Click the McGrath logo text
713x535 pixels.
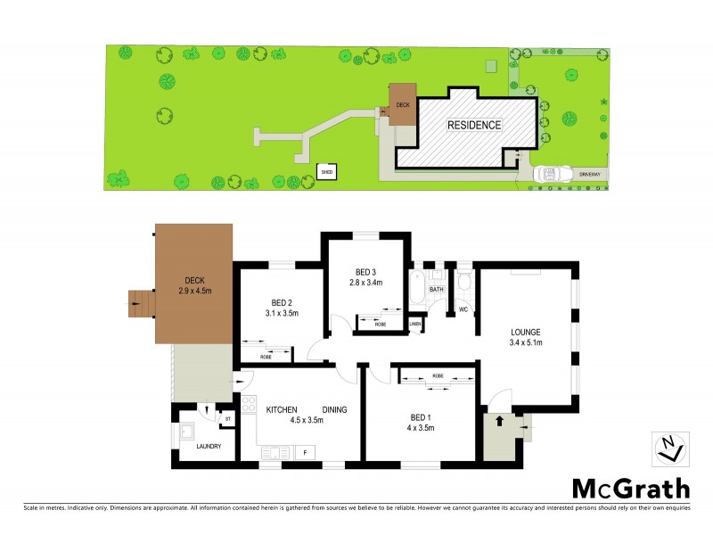pyautogui.click(x=630, y=489)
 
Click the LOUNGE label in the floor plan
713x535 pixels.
pyautogui.click(x=525, y=332)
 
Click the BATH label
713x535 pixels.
pyautogui.click(x=437, y=290)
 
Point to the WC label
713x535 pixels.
pyautogui.click(x=463, y=309)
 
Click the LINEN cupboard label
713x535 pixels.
pyautogui.click(x=415, y=323)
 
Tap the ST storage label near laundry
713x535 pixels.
pyautogui.click(x=227, y=418)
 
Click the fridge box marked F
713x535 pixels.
pyautogui.click(x=305, y=453)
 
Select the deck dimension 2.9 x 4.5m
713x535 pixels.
pyautogui.click(x=194, y=290)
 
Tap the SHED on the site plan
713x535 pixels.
pyautogui.click(x=328, y=170)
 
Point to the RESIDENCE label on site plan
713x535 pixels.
pyautogui.click(x=473, y=125)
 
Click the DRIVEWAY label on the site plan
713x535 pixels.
pyautogui.click(x=590, y=173)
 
